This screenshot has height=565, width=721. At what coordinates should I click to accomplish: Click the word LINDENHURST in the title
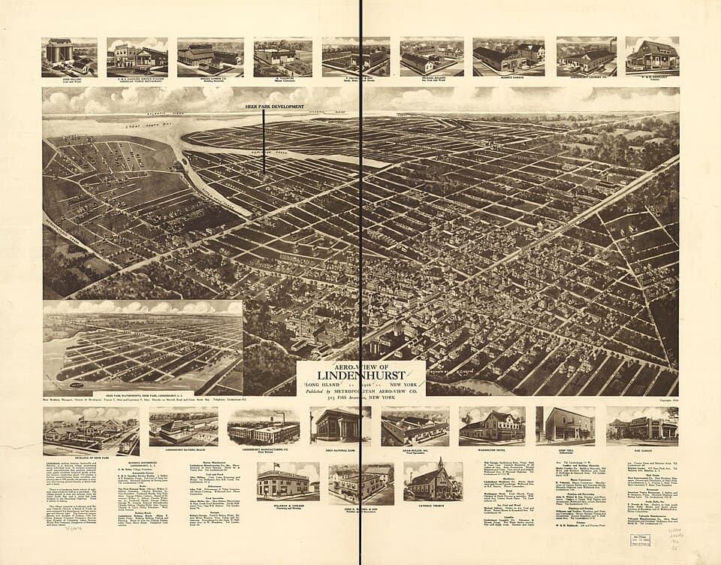pyautogui.click(x=361, y=374)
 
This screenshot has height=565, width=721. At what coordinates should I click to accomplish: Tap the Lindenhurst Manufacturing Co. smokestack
pyautogui.click(x=282, y=416)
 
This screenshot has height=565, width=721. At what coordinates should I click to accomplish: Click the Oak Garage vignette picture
pyautogui.click(x=642, y=426)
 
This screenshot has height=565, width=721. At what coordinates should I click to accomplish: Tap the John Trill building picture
pyautogui.click(x=565, y=426)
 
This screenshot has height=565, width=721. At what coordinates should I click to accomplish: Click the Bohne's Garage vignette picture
pyautogui.click(x=508, y=56)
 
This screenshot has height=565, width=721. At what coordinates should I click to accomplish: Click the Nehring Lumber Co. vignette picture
pyautogui.click(x=210, y=56)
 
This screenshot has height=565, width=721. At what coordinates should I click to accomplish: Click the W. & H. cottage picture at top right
pyautogui.click(x=652, y=56)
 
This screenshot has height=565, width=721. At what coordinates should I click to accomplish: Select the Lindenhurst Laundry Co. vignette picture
pyautogui.click(x=586, y=56)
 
